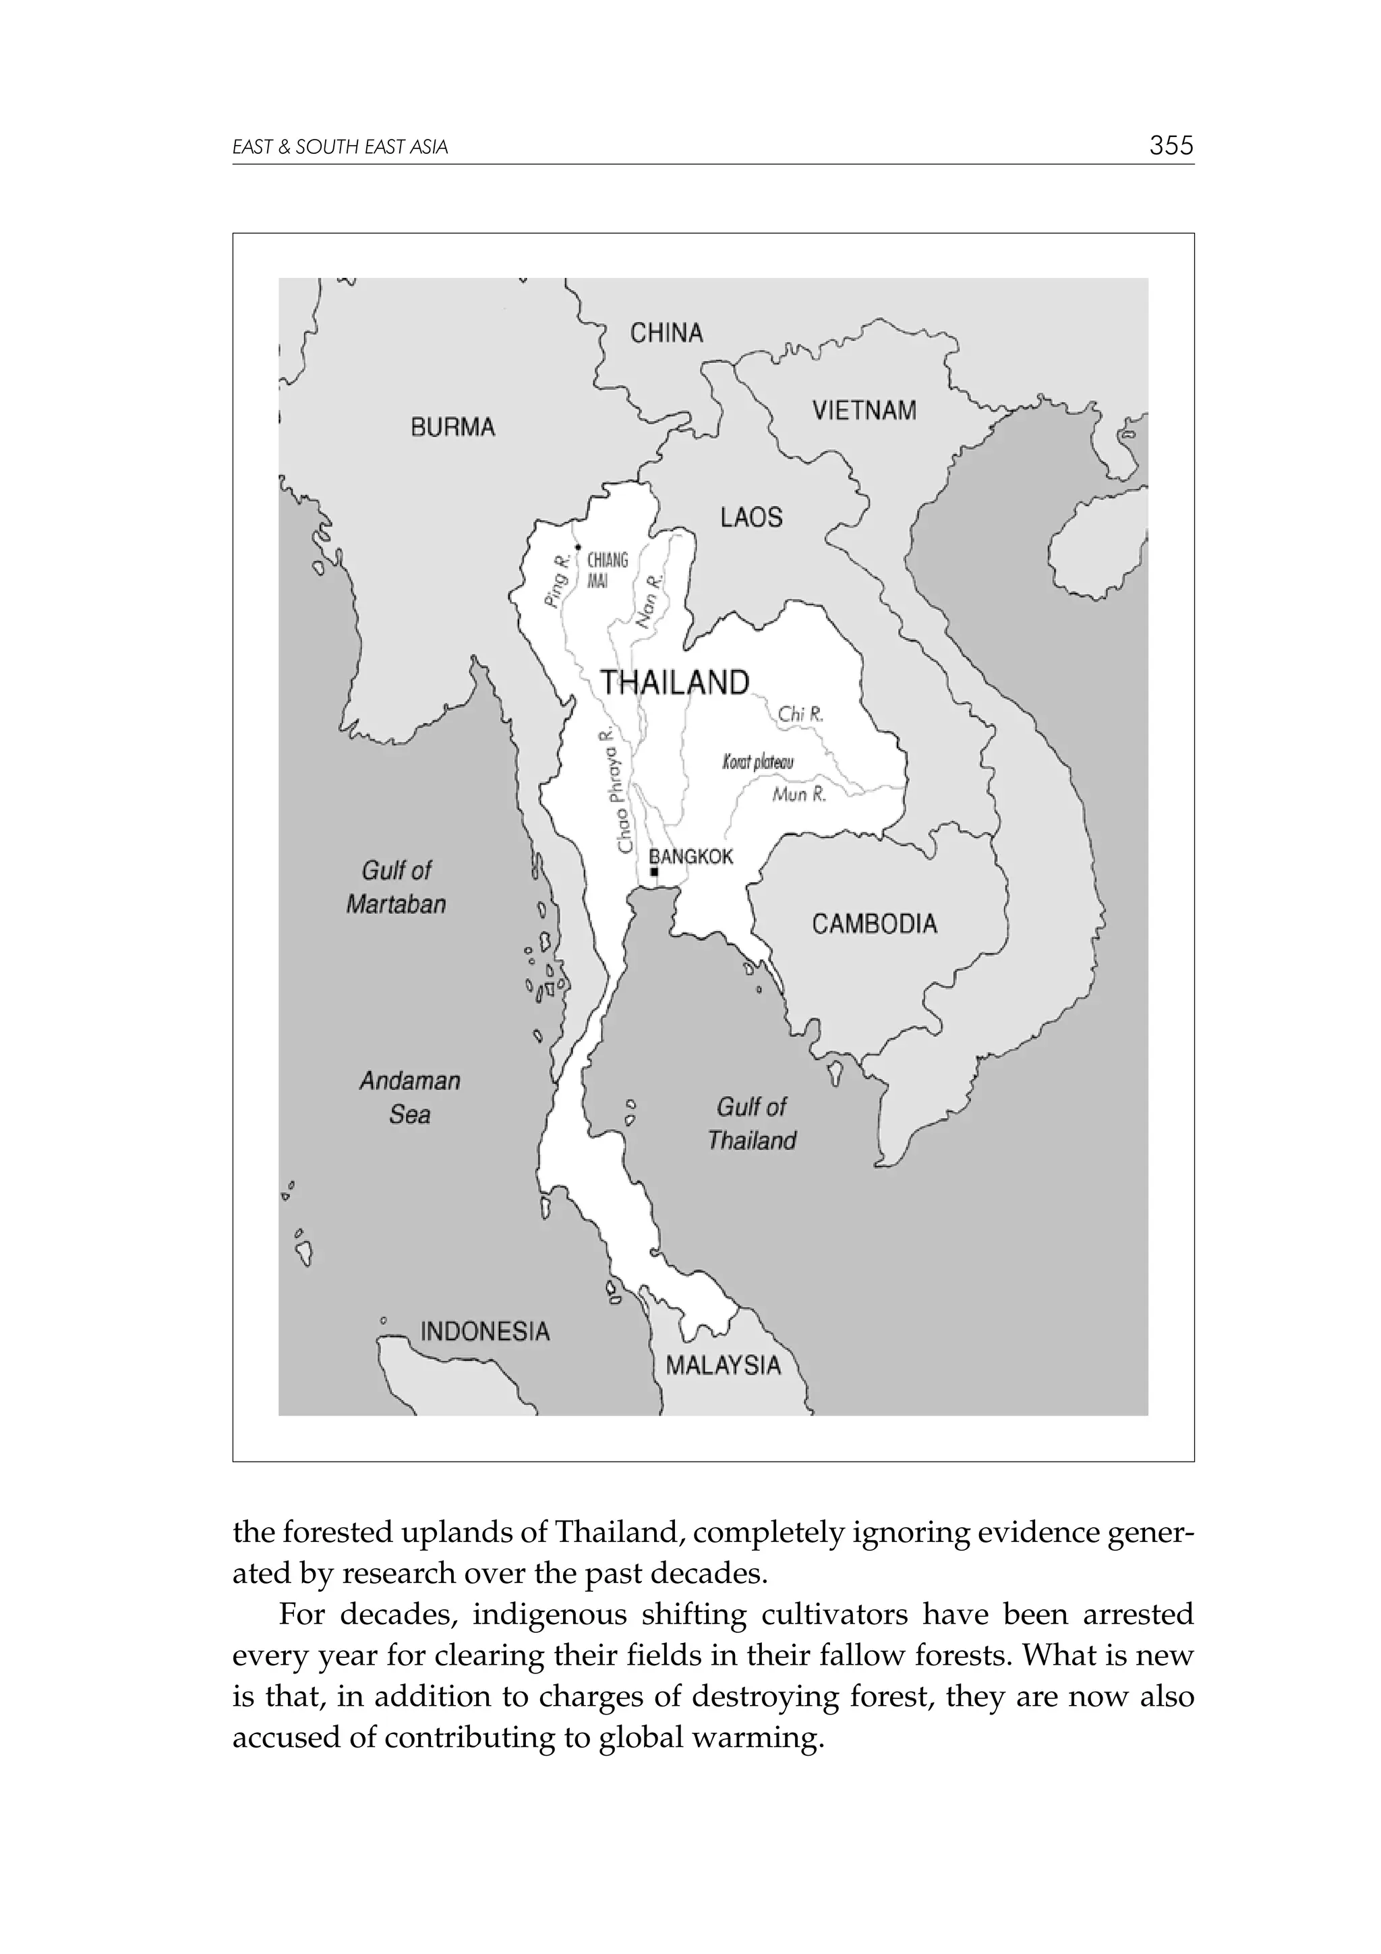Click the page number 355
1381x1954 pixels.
[x=1171, y=146]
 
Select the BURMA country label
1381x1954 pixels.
[x=452, y=426]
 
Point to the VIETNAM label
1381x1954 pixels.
[x=864, y=410]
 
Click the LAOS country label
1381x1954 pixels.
[x=751, y=517]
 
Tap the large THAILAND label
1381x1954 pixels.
[x=675, y=682]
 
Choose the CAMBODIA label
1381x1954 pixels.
[x=874, y=923]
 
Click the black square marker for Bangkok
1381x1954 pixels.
[x=653, y=872]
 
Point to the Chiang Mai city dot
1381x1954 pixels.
[x=578, y=547]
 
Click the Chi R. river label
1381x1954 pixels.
[x=800, y=714]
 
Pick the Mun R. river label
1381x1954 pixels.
[x=798, y=795]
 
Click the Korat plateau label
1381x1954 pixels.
[x=757, y=762]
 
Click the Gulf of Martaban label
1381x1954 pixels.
[x=396, y=887]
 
